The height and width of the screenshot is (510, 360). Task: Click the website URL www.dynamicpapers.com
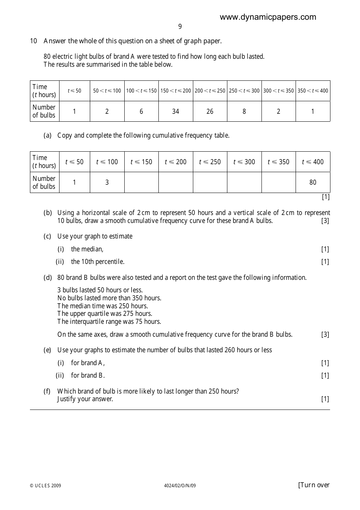click(x=268, y=17)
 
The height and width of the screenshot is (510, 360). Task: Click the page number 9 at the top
click(x=180, y=27)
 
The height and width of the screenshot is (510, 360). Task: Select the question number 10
click(x=33, y=41)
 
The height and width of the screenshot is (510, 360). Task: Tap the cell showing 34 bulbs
click(x=175, y=111)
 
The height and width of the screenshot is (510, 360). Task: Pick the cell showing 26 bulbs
click(x=210, y=111)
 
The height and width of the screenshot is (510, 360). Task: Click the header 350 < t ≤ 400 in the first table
click(x=313, y=91)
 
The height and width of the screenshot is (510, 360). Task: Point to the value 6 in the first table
click(x=141, y=111)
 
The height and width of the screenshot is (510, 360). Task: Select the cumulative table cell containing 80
click(x=313, y=182)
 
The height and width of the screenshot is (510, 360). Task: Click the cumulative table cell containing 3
click(x=107, y=182)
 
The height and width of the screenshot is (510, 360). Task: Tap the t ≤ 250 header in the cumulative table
click(x=210, y=162)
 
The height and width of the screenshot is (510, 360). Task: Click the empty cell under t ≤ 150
click(x=141, y=182)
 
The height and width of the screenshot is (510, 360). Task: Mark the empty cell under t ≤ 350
click(x=279, y=182)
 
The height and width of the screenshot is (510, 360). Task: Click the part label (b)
click(x=48, y=213)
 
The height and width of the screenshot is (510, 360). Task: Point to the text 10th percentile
click(x=103, y=262)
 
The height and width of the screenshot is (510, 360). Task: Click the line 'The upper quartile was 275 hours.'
click(x=105, y=314)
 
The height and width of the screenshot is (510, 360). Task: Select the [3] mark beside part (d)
click(x=325, y=334)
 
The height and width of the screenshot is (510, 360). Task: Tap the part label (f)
click(x=47, y=391)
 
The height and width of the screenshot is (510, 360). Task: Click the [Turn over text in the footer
click(x=314, y=485)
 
